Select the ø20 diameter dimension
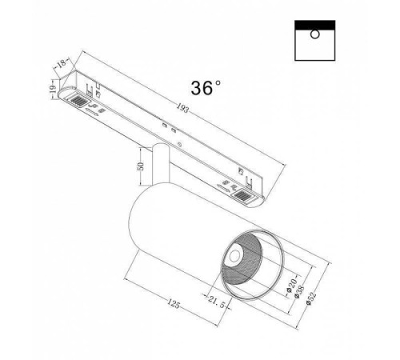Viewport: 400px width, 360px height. point(290,286)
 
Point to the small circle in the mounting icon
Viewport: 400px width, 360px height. point(314,34)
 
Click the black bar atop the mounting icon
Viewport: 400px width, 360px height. point(314,24)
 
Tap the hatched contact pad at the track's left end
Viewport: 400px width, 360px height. point(78,101)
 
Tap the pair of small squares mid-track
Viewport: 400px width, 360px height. point(166,127)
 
